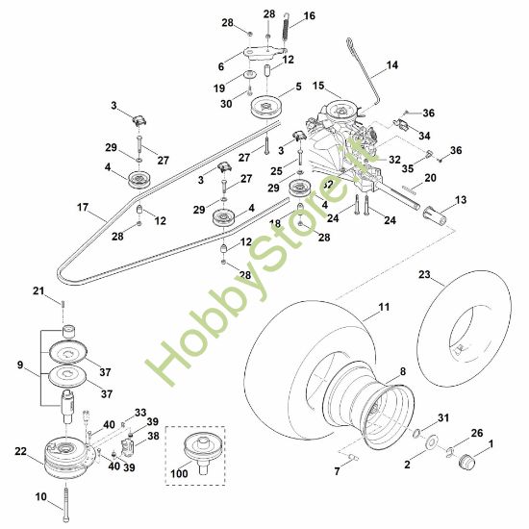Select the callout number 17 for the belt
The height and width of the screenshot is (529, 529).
[83, 206]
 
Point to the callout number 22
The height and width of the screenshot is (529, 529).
[21, 452]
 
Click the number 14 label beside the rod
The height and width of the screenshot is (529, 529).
[391, 66]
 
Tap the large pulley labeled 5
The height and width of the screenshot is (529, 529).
[264, 109]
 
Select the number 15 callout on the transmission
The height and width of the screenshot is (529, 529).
[318, 86]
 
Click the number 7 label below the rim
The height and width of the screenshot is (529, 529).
[338, 471]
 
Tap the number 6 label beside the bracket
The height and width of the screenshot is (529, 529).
[220, 66]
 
